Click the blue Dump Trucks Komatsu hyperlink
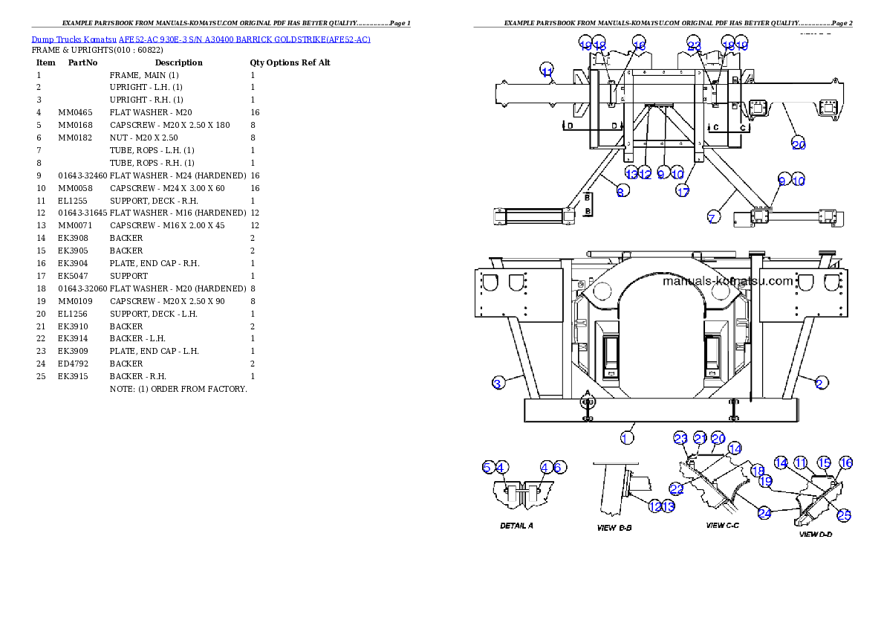tap(201, 39)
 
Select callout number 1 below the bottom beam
tap(627, 437)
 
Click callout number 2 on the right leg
tap(820, 383)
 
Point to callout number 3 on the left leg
tap(498, 383)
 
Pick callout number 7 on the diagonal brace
tap(712, 218)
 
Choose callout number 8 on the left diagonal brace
tap(622, 191)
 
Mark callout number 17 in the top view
tap(682, 191)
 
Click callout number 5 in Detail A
tap(487, 467)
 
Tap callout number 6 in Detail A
tap(559, 467)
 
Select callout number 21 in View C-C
tap(700, 438)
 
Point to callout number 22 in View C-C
tap(676, 488)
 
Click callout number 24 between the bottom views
tap(765, 512)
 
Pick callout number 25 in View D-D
tap(844, 514)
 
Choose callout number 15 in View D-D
tap(823, 462)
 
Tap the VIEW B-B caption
tap(615, 528)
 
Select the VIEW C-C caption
tap(722, 526)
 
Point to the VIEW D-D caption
tap(815, 534)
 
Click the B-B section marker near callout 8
tap(587, 204)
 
